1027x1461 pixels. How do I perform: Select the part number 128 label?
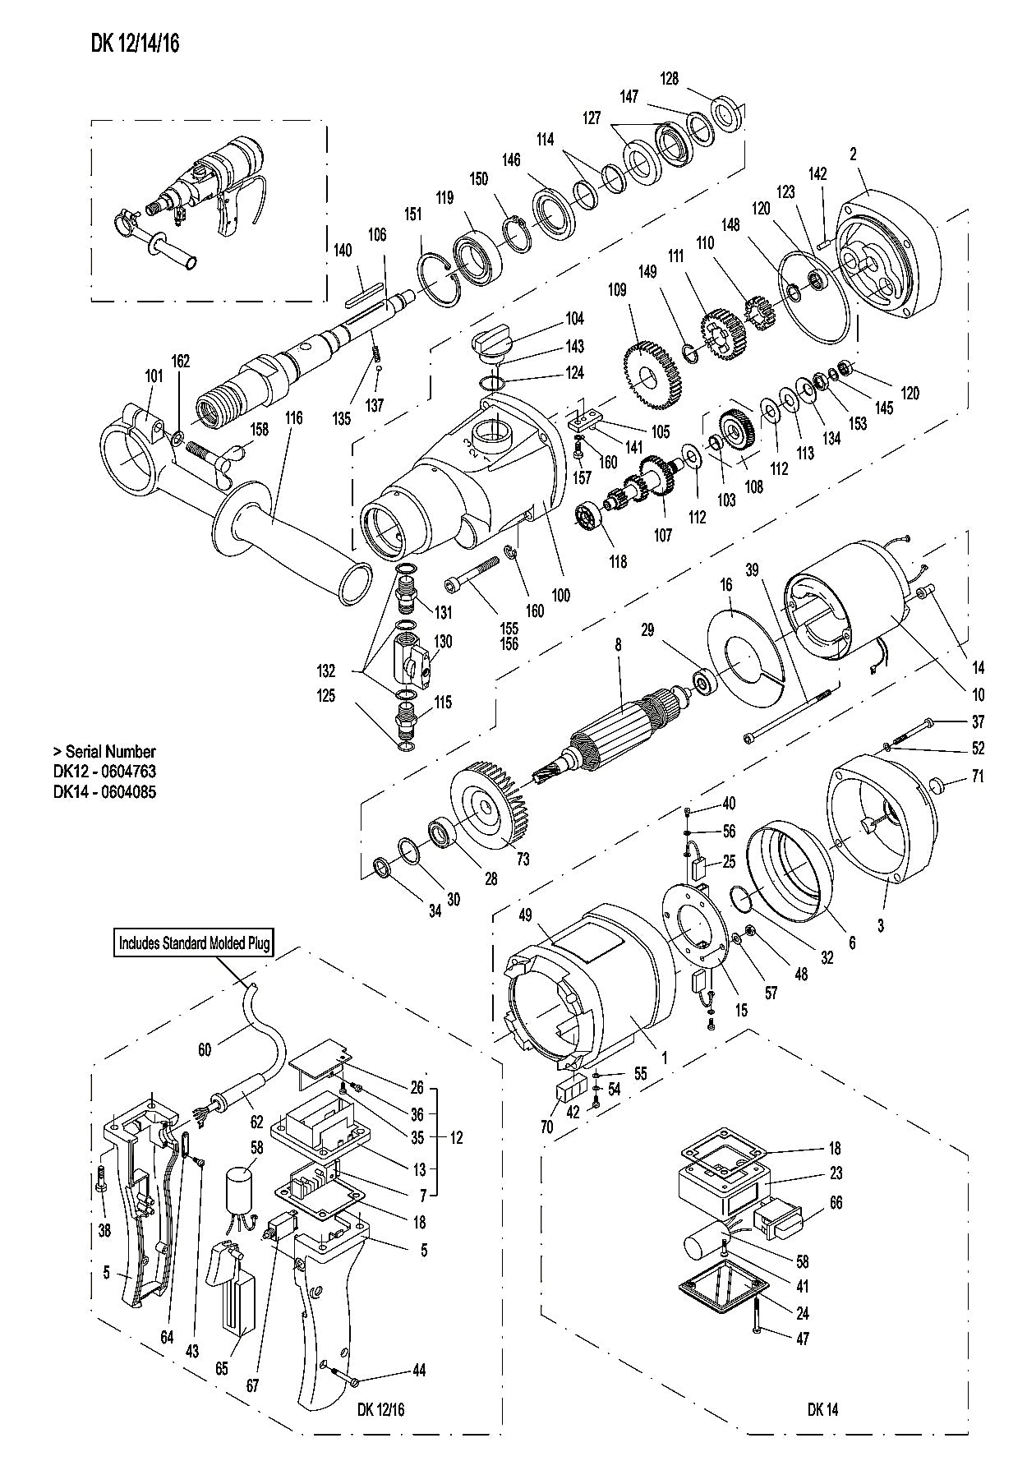click(670, 78)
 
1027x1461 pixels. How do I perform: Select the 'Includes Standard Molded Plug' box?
click(194, 943)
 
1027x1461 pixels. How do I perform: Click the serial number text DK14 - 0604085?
click(104, 793)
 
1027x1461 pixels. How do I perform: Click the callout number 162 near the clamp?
click(180, 362)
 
